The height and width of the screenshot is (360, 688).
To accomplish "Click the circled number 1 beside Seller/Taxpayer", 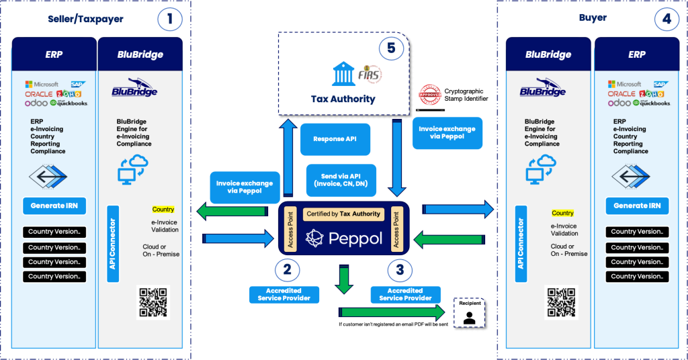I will tap(170, 19).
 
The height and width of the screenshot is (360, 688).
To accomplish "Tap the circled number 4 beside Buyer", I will tap(666, 19).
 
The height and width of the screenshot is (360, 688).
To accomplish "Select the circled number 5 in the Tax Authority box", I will tap(391, 48).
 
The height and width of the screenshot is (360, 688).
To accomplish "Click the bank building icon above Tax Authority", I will tap(343, 75).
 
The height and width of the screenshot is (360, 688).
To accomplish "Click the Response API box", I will tap(335, 138).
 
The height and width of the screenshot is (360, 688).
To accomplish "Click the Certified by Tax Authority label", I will tap(343, 214).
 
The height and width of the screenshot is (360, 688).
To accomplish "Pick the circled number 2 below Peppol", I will tap(287, 271).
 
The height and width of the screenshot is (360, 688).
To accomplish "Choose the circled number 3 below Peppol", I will tap(400, 271).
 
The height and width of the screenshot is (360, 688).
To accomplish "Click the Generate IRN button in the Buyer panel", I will tap(637, 206).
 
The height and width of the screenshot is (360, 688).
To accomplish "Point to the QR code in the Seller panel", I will tap(153, 303).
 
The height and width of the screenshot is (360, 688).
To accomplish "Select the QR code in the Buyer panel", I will tap(561, 303).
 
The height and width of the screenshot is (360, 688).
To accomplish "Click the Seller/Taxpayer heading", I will tap(85, 19).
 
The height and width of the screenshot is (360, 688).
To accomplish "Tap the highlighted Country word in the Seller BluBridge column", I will tap(163, 210).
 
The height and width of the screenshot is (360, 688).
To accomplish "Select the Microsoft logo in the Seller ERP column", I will tap(42, 85).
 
